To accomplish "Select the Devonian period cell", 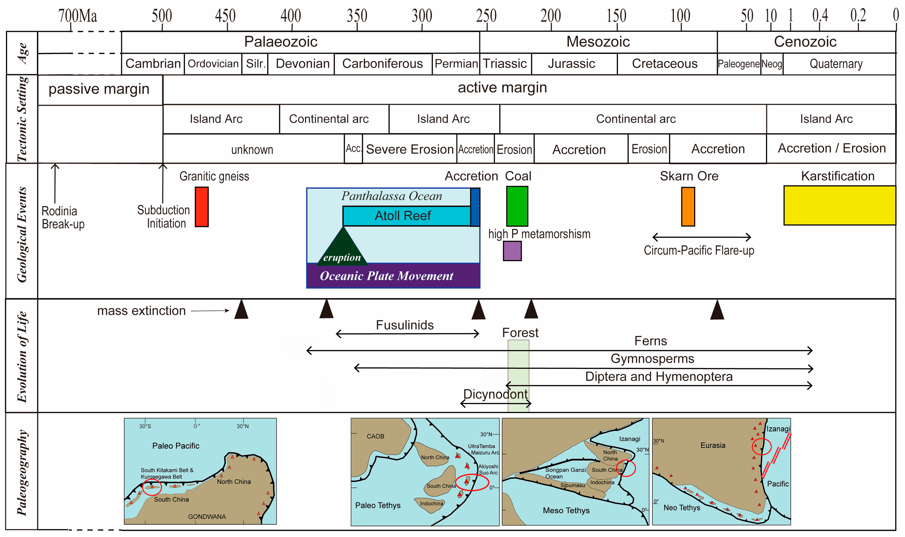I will pos(302,64).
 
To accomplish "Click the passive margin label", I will pos(99,89).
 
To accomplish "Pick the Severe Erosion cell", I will pos(410,149).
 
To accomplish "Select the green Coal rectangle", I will pos(517,206).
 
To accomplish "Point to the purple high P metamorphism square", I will pos(512,251).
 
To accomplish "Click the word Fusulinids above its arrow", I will pos(404,325).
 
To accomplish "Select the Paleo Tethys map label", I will pos(378,505).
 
